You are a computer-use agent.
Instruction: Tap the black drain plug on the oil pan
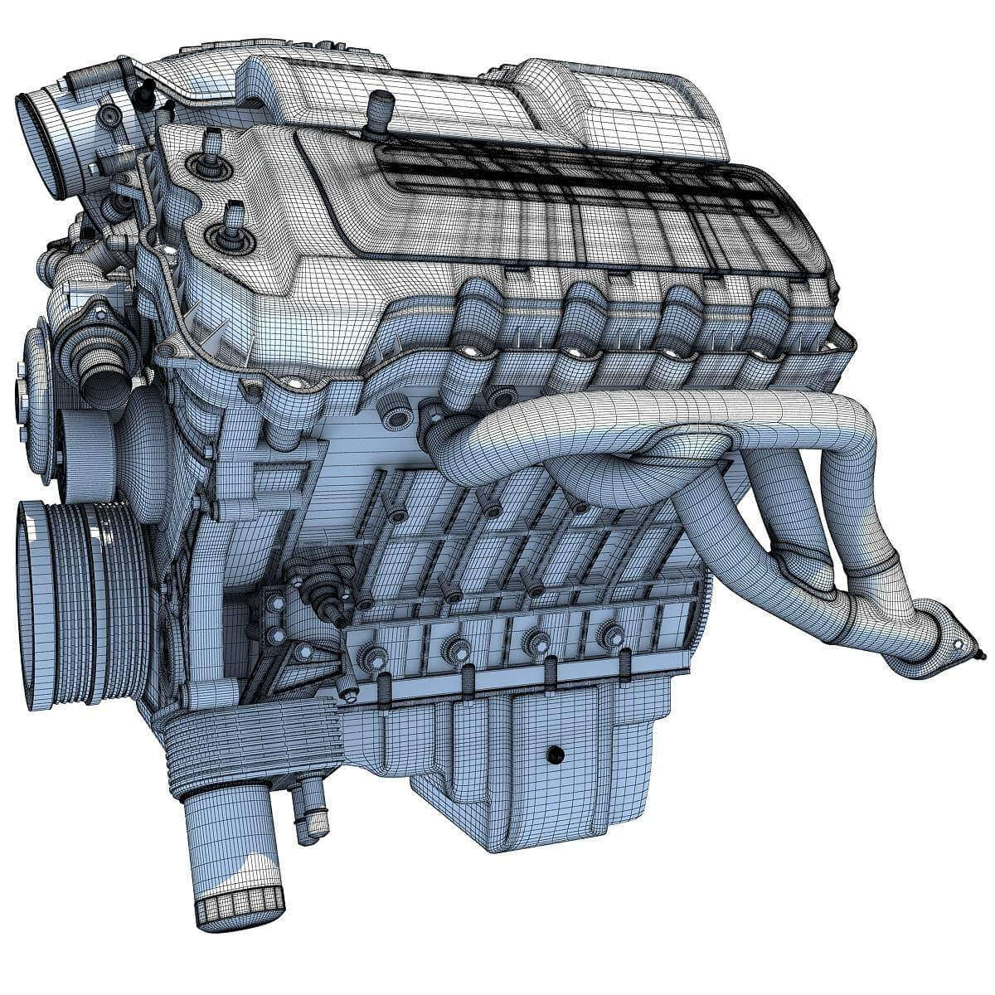coord(554,755)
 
